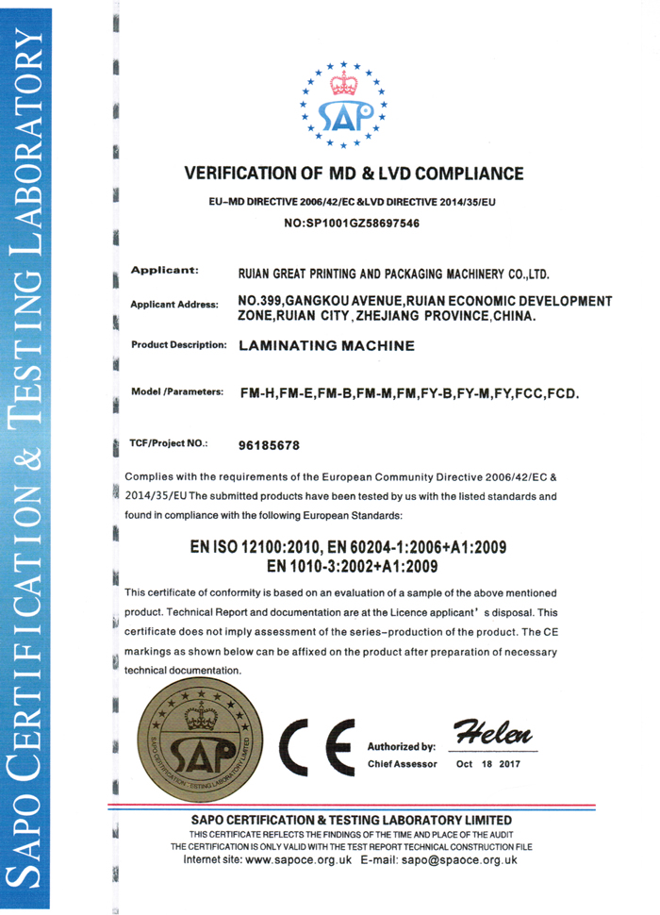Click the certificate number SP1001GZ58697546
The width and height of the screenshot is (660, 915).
coord(352,225)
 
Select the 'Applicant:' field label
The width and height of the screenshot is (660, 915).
coord(164,270)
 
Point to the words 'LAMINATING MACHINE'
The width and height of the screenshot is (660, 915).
coord(327,346)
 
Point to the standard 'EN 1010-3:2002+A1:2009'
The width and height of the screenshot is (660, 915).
coord(352,566)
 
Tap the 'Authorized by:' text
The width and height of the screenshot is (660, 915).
coord(401,745)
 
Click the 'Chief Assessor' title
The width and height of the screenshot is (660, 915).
coord(401,763)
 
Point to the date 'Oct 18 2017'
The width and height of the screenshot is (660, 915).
coord(488,763)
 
